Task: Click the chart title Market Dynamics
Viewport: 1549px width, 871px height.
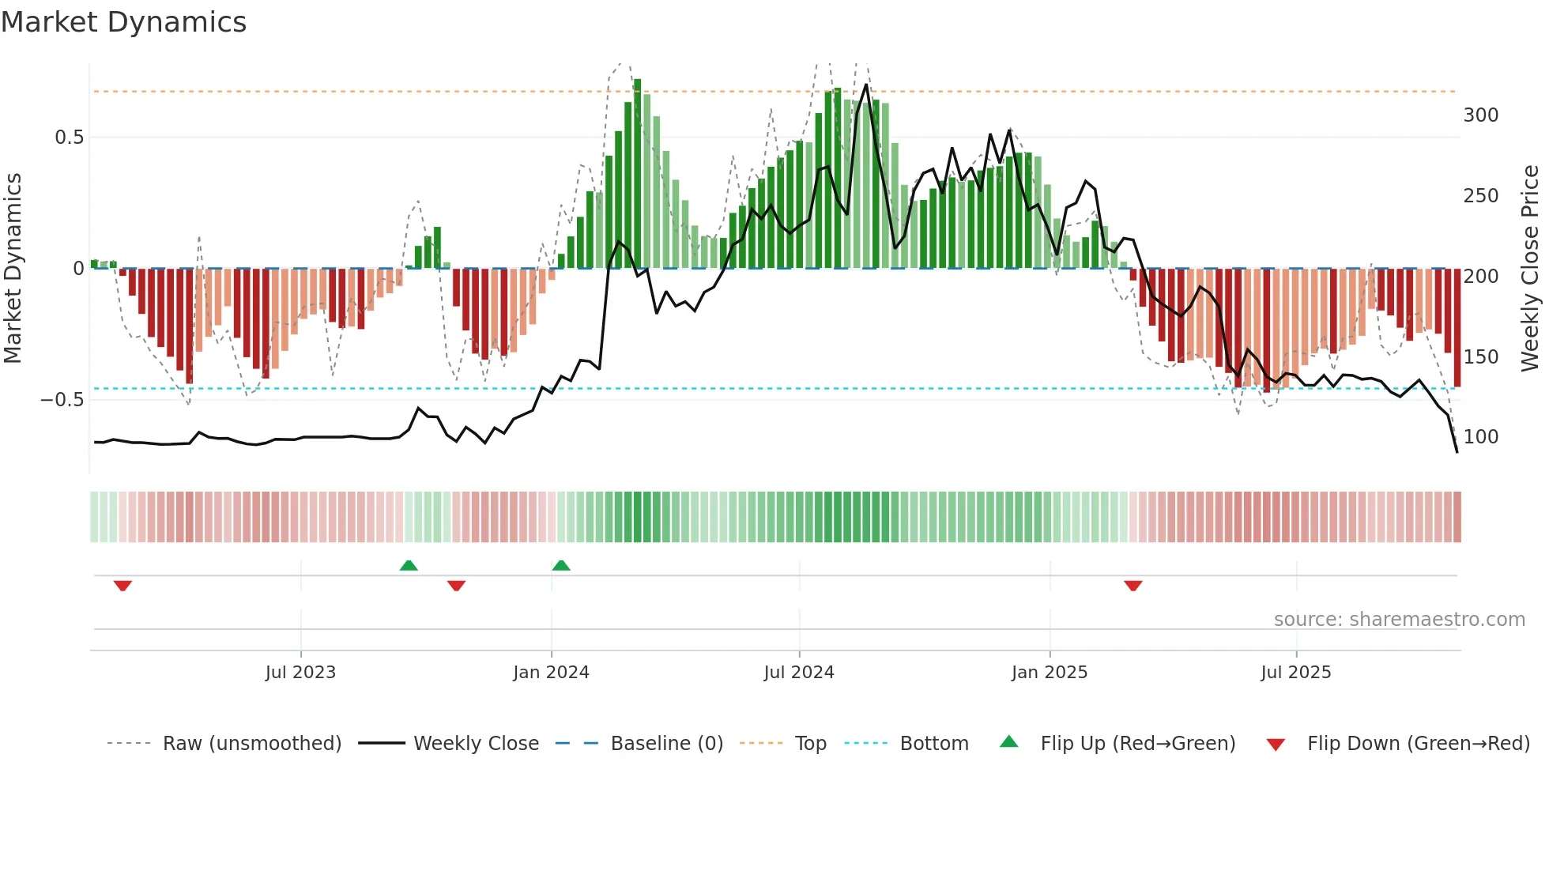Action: coord(124,22)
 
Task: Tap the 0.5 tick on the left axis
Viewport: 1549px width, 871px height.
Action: coord(69,138)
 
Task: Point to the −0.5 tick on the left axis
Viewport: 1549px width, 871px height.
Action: coord(62,400)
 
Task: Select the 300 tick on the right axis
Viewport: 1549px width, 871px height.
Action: coord(1480,115)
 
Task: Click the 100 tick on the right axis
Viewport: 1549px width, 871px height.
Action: coord(1480,437)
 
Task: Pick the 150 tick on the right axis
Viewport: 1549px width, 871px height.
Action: coord(1480,356)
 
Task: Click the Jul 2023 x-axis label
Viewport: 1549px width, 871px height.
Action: coord(300,673)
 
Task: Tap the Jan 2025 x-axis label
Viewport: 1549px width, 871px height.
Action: coord(1049,673)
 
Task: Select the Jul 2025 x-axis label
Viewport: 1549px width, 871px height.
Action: coord(1295,673)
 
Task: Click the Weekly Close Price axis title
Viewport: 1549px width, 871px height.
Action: coord(1530,269)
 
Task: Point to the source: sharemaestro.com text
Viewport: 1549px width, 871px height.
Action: coord(1399,620)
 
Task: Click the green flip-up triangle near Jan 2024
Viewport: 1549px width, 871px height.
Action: coord(561,566)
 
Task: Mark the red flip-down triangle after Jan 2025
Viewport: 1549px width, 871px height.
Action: coord(1133,586)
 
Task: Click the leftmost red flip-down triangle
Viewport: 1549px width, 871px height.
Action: coord(122,586)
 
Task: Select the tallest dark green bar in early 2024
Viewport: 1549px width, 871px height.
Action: coord(637,174)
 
